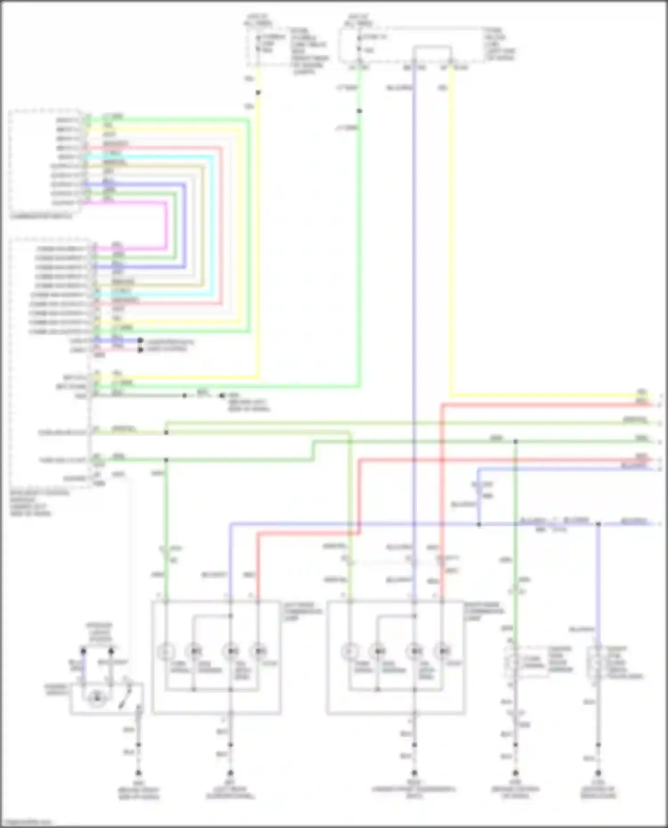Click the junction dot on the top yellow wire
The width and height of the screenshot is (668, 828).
coord(258,93)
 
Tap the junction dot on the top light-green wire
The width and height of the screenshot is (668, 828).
coord(359,111)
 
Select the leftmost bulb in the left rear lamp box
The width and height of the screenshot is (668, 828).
coord(166,652)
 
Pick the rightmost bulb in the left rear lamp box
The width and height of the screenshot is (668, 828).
coord(258,652)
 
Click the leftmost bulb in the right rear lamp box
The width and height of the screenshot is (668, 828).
coord(350,652)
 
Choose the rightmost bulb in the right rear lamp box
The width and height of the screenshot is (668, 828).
coord(442,652)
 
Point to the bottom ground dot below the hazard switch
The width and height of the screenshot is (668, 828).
coord(138,773)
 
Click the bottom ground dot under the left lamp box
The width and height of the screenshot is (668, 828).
coord(230,773)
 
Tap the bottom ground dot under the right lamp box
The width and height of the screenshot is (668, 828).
coord(414,773)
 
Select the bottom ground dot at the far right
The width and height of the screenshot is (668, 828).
coord(598,773)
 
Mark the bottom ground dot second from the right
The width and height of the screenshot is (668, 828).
coord(515,773)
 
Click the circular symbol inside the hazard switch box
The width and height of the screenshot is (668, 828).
coord(97,698)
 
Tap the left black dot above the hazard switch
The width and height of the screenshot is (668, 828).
coord(83,651)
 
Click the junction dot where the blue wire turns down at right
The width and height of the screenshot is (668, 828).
coord(598,524)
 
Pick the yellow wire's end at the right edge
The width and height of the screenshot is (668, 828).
coord(651,395)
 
